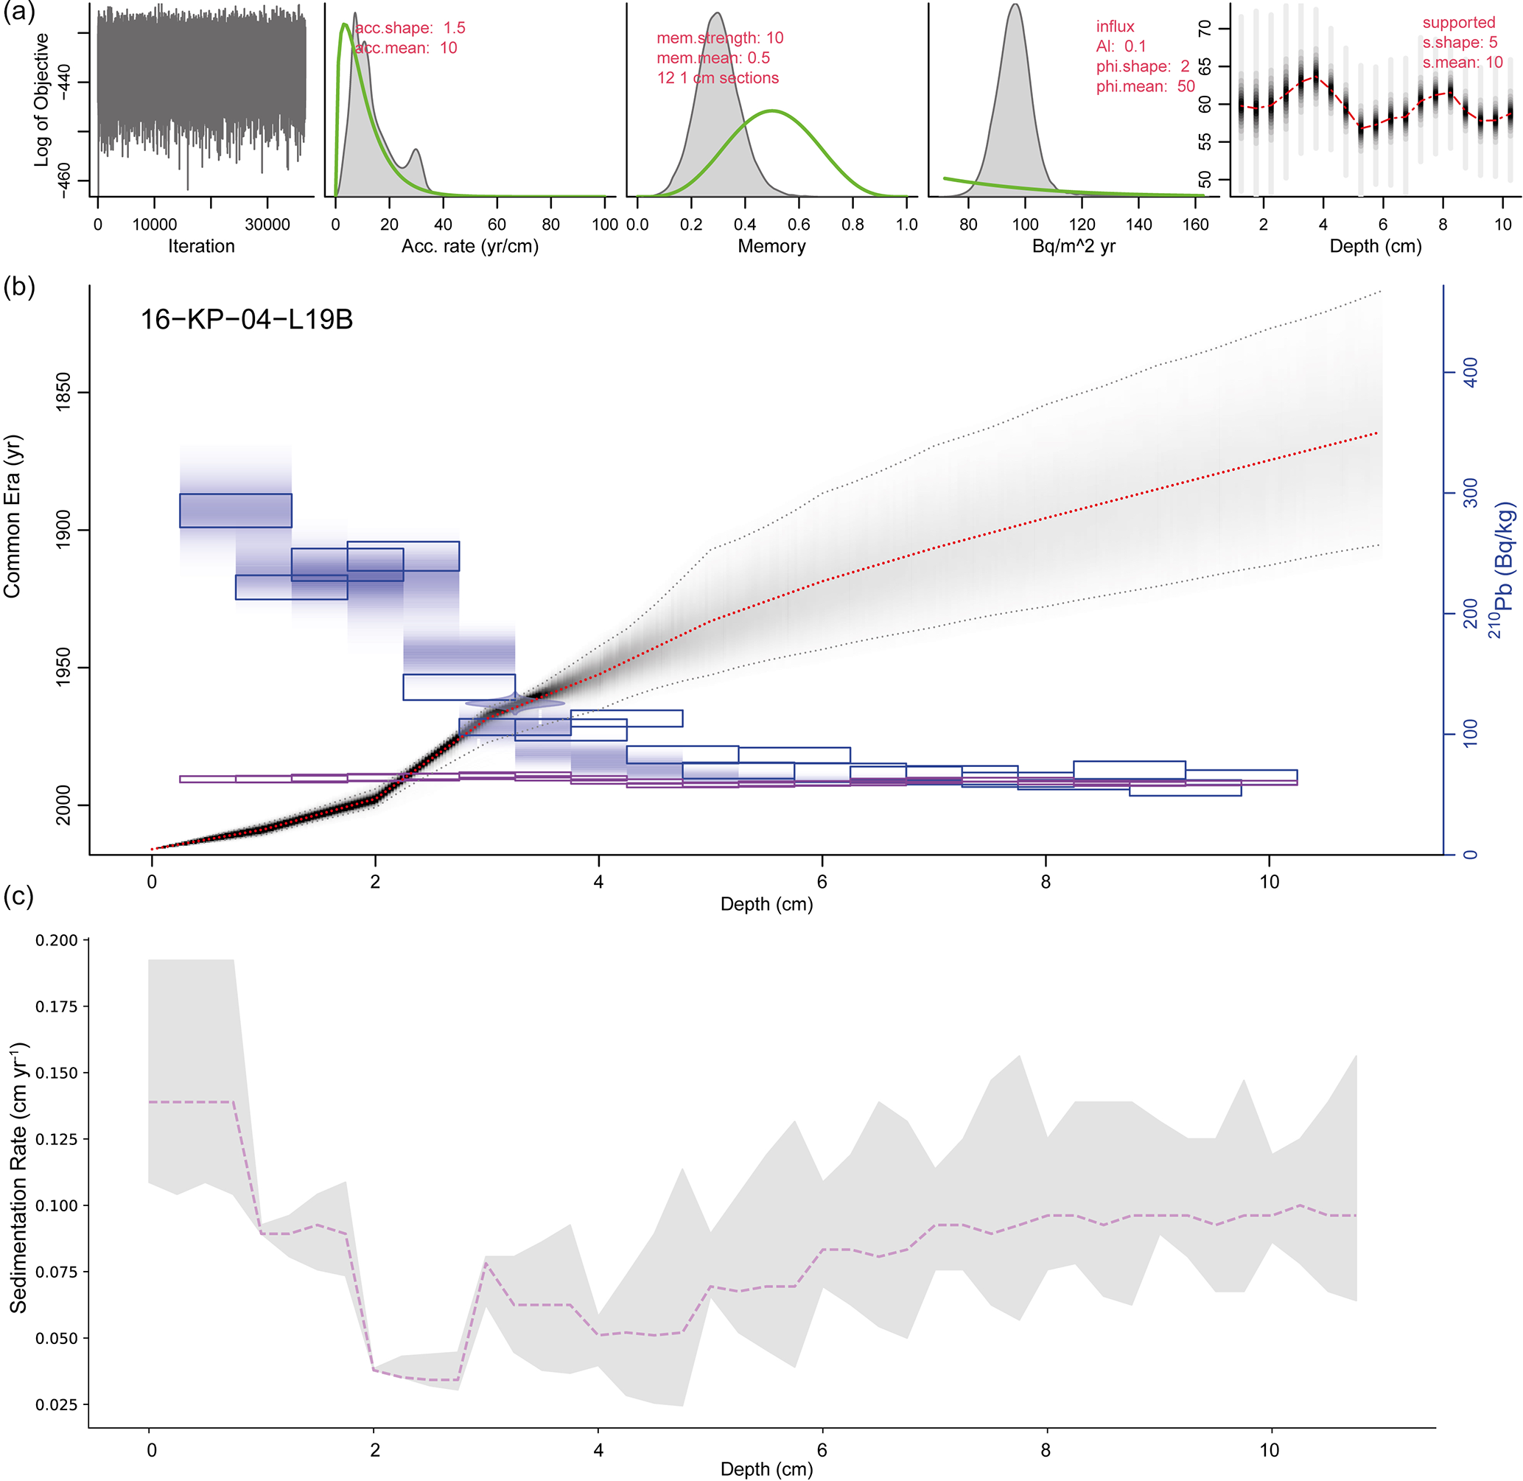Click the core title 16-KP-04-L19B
247,320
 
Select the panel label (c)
18,896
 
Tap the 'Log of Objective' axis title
41,99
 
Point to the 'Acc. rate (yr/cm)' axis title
470,247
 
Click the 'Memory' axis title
771,247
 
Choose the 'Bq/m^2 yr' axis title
1073,247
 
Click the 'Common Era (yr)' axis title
12,517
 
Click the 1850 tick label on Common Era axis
62,392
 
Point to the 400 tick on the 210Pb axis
1470,373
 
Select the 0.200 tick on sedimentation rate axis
57,940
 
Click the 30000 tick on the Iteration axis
267,225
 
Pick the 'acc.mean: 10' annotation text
406,48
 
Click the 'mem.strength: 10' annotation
719,38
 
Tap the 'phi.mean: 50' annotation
1145,86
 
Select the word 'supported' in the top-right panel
1458,23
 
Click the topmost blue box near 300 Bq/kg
236,511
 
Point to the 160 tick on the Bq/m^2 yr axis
1195,225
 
